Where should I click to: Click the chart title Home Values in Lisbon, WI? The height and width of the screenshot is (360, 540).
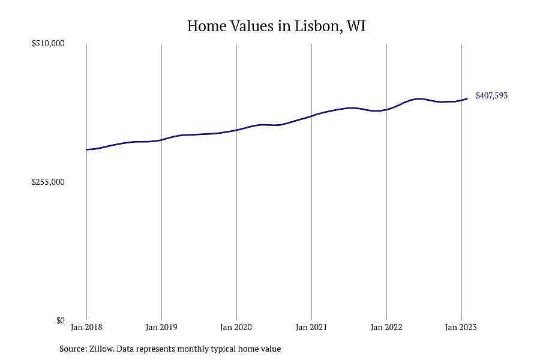(276, 26)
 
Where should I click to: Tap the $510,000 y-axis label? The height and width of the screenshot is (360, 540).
(48, 43)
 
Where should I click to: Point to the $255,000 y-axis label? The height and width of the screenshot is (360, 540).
(48, 182)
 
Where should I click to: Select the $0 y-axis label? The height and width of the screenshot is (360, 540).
(61, 320)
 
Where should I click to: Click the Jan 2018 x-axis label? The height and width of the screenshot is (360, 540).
(86, 327)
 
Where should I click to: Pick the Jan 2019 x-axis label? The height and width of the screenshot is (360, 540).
(161, 327)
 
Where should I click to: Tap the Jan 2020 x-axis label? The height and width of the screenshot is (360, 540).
(236, 327)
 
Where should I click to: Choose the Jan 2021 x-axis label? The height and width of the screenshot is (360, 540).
(311, 327)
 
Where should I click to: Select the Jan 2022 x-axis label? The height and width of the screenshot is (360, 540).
(386, 327)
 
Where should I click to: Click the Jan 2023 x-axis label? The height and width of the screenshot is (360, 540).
(461, 327)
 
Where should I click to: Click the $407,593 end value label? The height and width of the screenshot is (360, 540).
(492, 96)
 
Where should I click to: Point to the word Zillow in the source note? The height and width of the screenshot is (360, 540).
(101, 349)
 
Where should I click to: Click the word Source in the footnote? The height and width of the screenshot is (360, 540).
(73, 349)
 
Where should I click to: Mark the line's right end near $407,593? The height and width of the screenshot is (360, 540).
(467, 99)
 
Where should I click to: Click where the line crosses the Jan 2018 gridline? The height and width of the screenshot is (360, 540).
(86, 149)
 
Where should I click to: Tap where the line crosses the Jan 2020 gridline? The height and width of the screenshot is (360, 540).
(236, 130)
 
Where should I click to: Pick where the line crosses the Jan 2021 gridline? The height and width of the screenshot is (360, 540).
(311, 116)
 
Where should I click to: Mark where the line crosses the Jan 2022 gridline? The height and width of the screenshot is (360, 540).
(387, 110)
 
